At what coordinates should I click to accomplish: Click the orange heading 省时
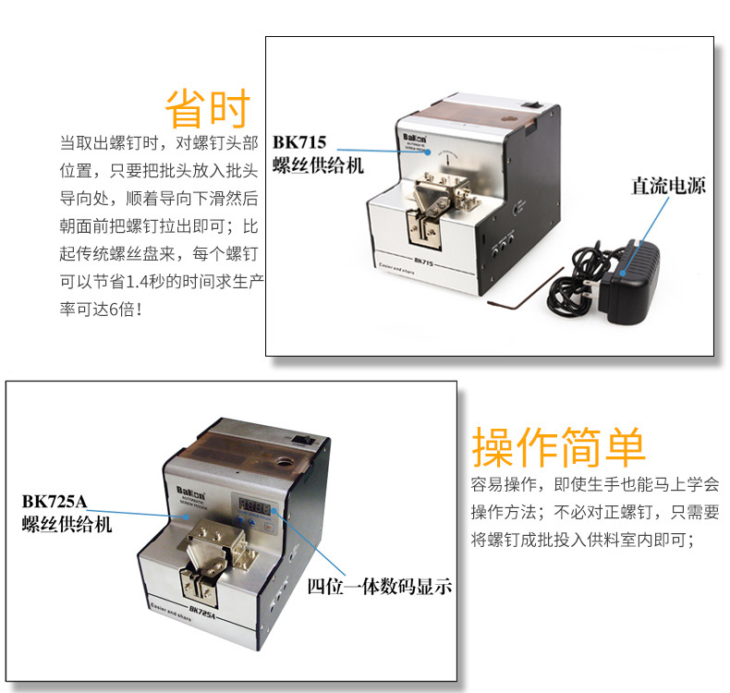click(208, 109)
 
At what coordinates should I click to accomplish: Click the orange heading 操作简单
click(558, 448)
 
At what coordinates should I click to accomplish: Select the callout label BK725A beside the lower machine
click(55, 502)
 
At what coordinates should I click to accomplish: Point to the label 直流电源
click(668, 186)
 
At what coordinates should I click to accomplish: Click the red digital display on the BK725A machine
click(254, 505)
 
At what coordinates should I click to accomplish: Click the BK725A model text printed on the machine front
click(203, 611)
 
